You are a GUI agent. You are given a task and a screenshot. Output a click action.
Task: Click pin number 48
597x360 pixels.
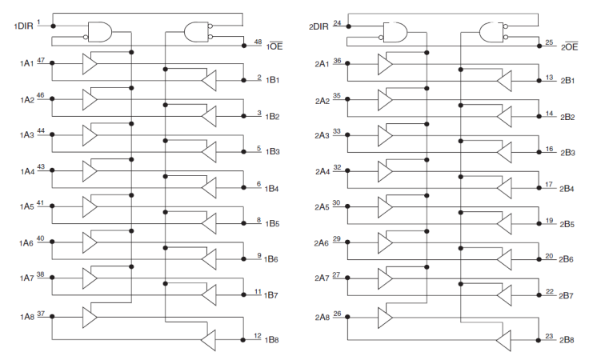pos(258,40)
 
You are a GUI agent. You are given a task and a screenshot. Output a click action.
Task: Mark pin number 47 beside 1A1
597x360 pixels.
pos(41,60)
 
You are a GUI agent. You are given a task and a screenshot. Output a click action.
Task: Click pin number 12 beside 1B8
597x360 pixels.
pos(258,335)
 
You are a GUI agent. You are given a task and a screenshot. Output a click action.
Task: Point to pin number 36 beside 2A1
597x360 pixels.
pos(337,60)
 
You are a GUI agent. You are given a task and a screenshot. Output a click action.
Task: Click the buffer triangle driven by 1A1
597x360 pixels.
pos(90,62)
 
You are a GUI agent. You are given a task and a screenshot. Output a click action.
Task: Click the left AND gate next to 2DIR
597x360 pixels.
pos(396,32)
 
